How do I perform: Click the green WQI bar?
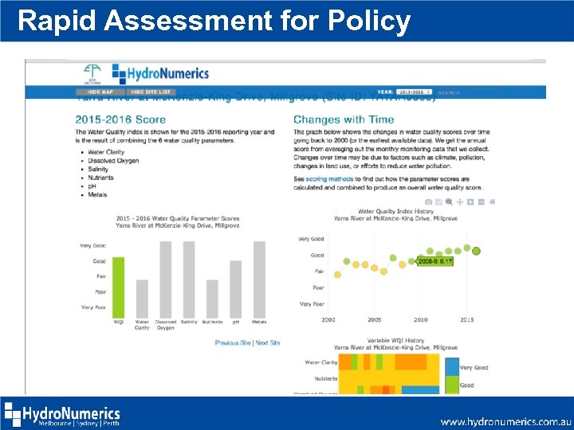[119, 287]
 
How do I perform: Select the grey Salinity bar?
[189, 279]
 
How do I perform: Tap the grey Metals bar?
[259, 279]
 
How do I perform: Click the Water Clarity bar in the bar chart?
[142, 298]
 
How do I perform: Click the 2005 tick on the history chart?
[374, 320]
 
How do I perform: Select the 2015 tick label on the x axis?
[467, 320]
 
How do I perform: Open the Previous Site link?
[233, 343]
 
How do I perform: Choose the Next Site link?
[268, 343]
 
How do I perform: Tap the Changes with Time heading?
[343, 120]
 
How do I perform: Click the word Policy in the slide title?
[372, 21]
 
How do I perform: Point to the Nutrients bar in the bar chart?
[212, 298]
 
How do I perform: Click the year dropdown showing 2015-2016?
[416, 92]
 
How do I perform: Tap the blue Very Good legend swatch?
[451, 366]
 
